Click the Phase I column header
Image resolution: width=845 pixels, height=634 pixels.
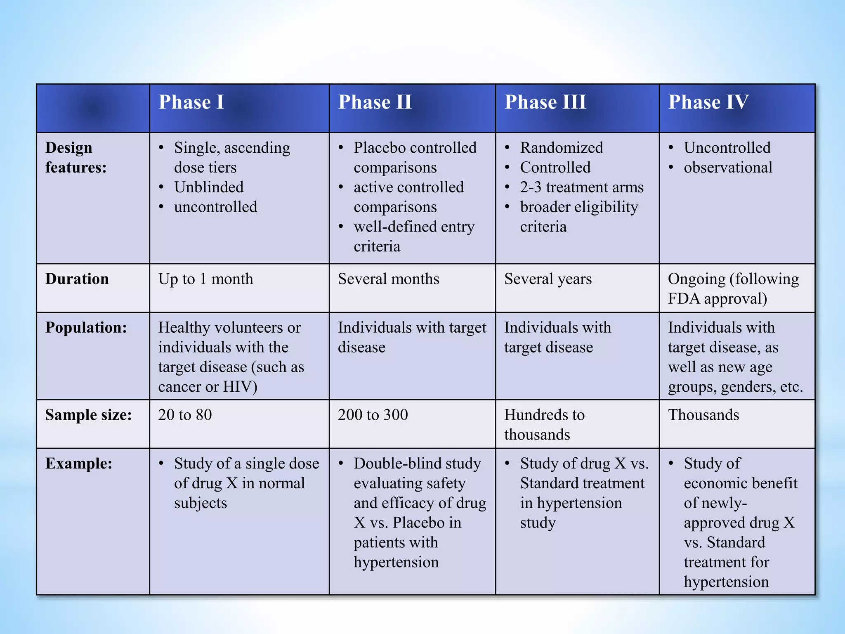[x=191, y=102]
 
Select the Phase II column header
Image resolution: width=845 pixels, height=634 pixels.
[x=375, y=102]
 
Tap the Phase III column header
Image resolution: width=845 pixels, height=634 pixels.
[x=545, y=102]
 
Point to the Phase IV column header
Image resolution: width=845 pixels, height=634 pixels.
[x=708, y=102]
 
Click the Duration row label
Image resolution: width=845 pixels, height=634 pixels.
[x=77, y=279]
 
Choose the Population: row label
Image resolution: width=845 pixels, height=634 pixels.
[x=86, y=327]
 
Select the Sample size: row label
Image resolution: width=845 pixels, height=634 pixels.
[x=88, y=415]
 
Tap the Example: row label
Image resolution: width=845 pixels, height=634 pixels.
[x=78, y=464]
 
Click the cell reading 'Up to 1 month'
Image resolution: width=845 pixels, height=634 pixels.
[x=205, y=279]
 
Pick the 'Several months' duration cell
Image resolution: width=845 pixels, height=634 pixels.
[x=388, y=279]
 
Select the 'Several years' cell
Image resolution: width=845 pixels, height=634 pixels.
[x=548, y=279]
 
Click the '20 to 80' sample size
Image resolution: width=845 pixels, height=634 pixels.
[x=185, y=415]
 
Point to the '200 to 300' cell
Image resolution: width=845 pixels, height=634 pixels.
[x=373, y=415]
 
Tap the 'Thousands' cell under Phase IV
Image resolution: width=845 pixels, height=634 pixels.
[x=703, y=415]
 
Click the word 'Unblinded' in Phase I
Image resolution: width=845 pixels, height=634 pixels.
[x=209, y=187]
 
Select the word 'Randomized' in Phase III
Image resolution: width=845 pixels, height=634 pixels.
[x=561, y=147]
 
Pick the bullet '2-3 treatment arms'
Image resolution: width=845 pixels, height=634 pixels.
[x=581, y=187]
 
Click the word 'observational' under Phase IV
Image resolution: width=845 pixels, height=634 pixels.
[x=728, y=167]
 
